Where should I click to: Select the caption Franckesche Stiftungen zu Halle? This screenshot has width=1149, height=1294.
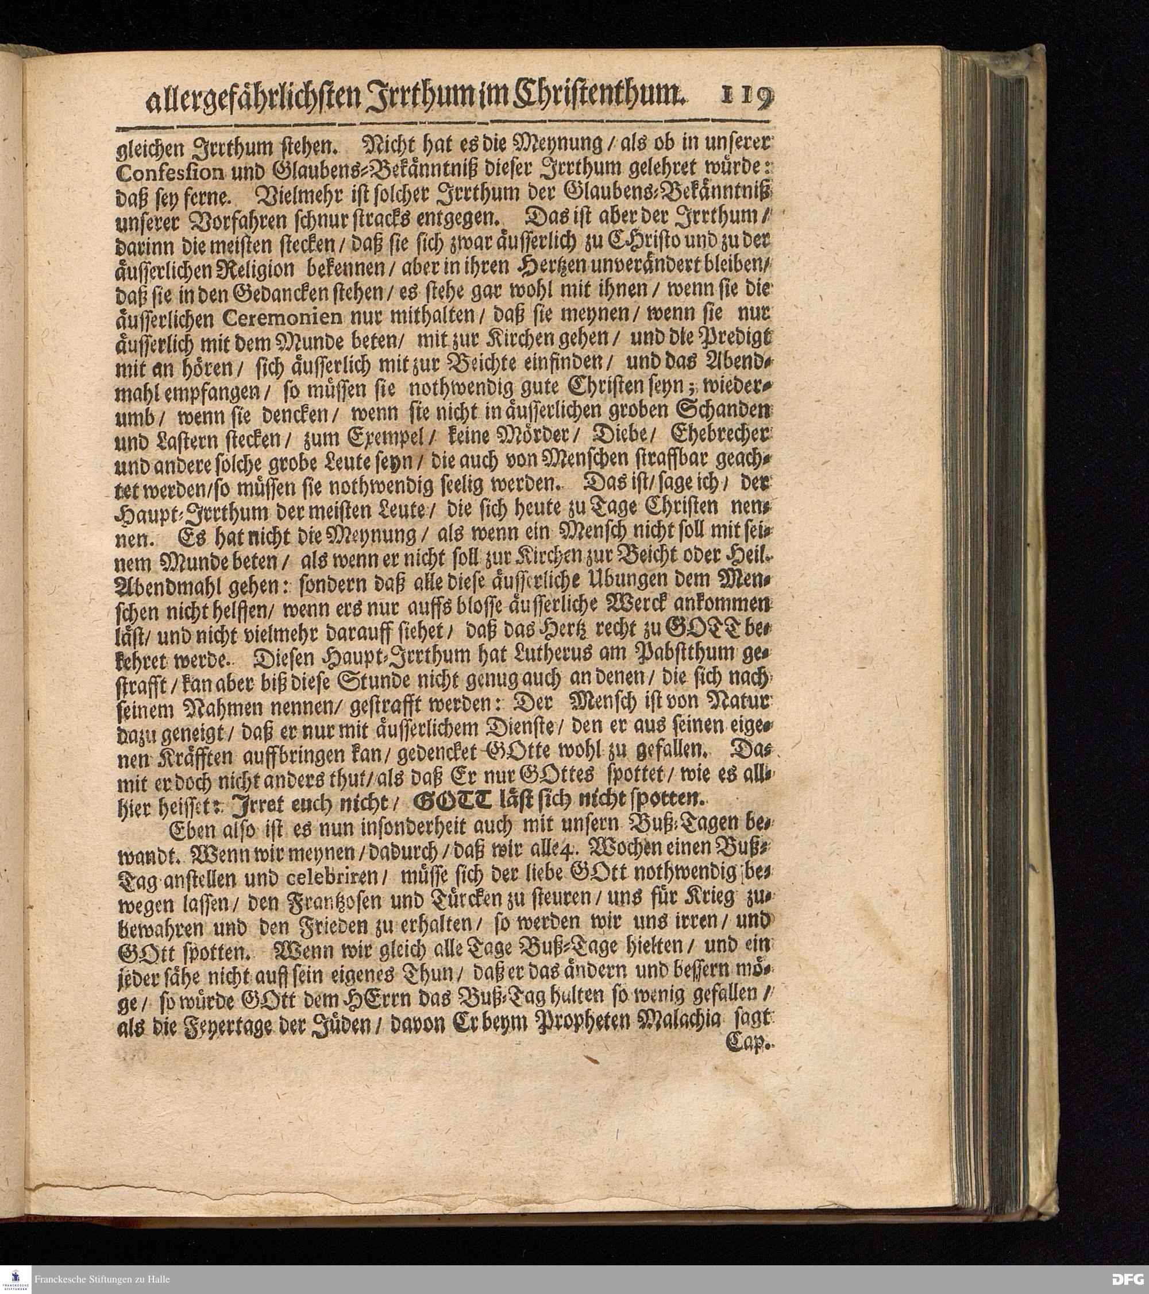[x=102, y=1280]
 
